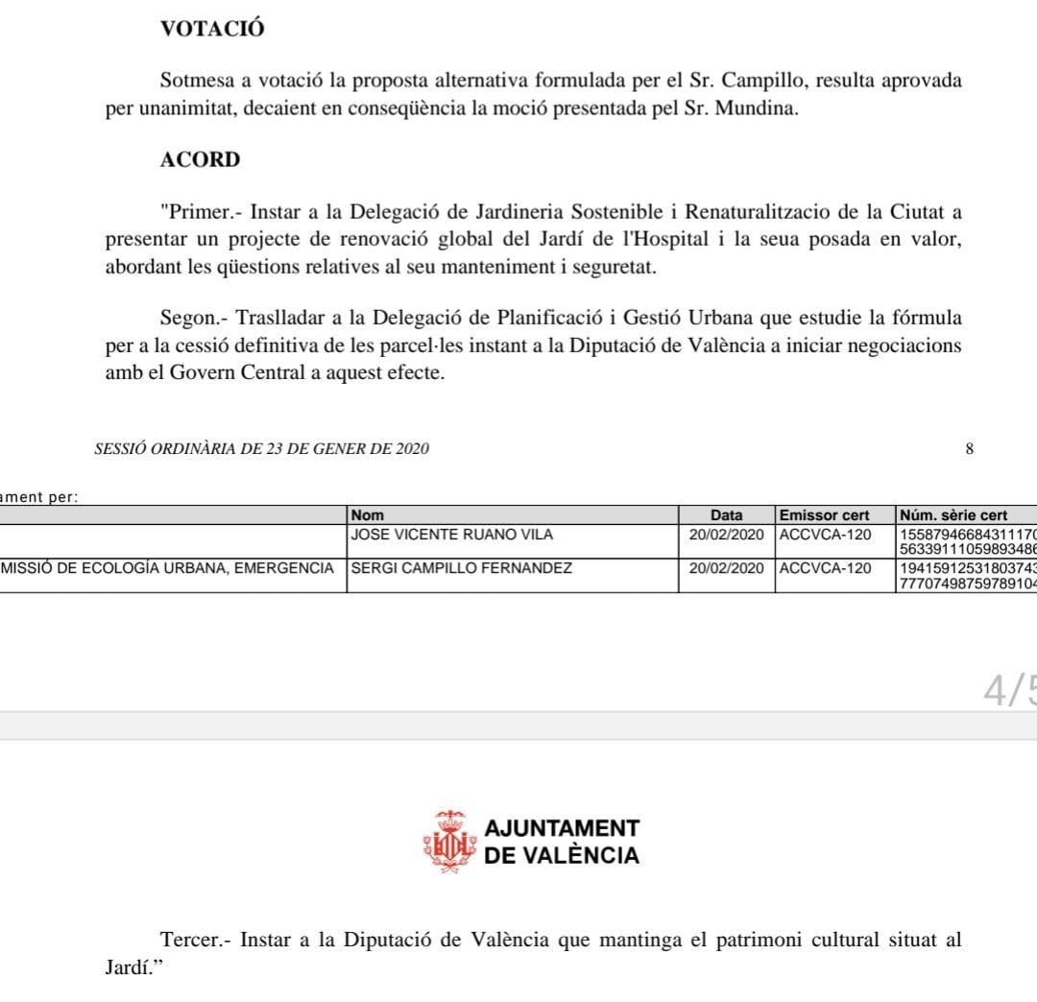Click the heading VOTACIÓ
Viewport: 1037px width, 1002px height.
(x=212, y=30)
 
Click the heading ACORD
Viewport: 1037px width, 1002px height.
(x=200, y=160)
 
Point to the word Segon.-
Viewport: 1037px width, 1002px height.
(x=194, y=318)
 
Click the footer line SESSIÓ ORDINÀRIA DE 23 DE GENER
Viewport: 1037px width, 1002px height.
(x=262, y=449)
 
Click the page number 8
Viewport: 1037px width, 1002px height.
(x=970, y=449)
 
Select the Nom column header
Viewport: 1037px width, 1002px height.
(x=368, y=515)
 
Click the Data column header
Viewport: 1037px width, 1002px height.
(x=726, y=515)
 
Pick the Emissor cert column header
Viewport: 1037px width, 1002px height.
(x=825, y=515)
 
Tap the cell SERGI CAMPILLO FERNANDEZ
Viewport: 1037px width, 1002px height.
(x=462, y=568)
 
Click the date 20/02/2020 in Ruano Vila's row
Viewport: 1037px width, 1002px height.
(x=726, y=535)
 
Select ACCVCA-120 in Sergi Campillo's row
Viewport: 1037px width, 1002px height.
(x=826, y=568)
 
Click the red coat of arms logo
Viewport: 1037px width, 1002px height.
(x=449, y=842)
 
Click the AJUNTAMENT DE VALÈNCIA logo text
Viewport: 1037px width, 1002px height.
(x=562, y=842)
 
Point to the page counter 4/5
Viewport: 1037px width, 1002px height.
(x=1009, y=689)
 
